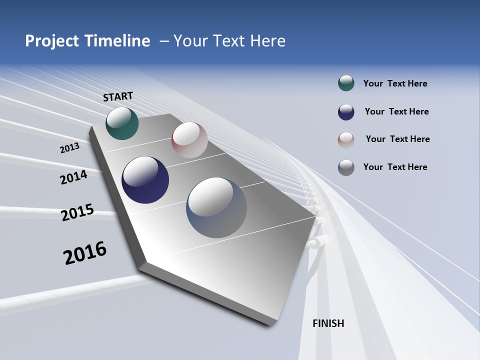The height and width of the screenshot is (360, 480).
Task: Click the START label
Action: pyautogui.click(x=118, y=96)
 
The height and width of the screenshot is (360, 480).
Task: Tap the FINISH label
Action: pyautogui.click(x=328, y=323)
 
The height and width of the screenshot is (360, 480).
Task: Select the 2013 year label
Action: pyautogui.click(x=69, y=148)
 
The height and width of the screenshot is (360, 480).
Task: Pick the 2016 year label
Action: pyautogui.click(x=85, y=252)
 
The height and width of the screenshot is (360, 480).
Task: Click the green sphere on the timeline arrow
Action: pyautogui.click(x=122, y=123)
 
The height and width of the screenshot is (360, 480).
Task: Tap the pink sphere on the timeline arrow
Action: pyautogui.click(x=189, y=140)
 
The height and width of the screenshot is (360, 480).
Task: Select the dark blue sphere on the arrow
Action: pyautogui.click(x=145, y=180)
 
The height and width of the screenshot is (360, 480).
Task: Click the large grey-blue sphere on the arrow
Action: pyautogui.click(x=216, y=207)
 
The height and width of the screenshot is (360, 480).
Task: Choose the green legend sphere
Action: pyautogui.click(x=346, y=83)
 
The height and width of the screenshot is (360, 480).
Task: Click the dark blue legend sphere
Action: pyautogui.click(x=346, y=112)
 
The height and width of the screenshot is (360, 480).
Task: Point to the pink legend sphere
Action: pyautogui.click(x=346, y=139)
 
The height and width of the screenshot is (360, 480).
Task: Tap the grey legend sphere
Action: pyautogui.click(x=346, y=167)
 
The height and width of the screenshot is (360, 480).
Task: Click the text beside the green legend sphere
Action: pyautogui.click(x=395, y=83)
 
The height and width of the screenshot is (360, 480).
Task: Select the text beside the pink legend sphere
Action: pyautogui.click(x=397, y=139)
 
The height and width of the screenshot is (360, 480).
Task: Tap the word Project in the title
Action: pyautogui.click(x=52, y=41)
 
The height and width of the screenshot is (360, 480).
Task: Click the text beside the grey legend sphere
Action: pyautogui.click(x=395, y=167)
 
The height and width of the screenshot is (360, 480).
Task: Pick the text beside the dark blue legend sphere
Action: pyautogui.click(x=396, y=111)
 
